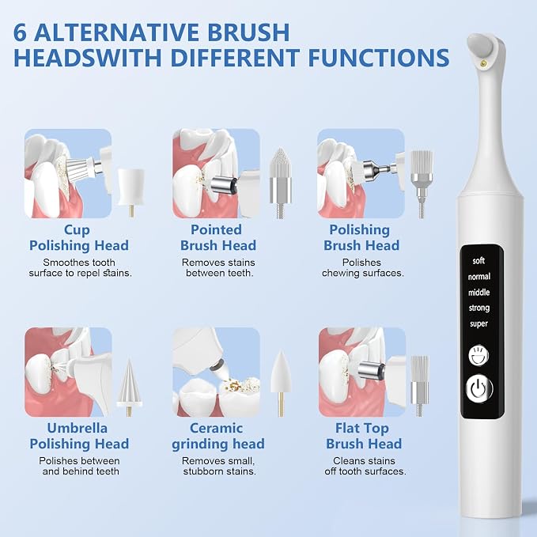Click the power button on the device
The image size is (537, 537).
click(x=478, y=388)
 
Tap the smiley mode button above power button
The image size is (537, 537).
click(x=478, y=355)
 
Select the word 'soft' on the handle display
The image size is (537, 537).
click(x=478, y=261)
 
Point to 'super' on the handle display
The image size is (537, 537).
click(x=478, y=323)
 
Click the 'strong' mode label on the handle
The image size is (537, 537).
click(x=479, y=308)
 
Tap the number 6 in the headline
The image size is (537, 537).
click(x=20, y=32)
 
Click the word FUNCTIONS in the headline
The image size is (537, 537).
click(x=379, y=57)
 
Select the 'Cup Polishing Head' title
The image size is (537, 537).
click(x=79, y=238)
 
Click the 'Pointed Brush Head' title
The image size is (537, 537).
click(x=217, y=238)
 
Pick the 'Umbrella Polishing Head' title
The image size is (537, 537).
click(x=79, y=436)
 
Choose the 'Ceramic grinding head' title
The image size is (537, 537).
click(x=217, y=436)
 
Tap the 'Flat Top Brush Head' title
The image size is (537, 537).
click(x=363, y=436)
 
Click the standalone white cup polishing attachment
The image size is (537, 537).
click(x=130, y=191)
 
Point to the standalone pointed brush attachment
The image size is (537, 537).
click(x=281, y=183)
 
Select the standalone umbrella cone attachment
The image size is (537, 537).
click(x=129, y=387)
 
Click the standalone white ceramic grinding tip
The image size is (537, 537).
click(x=281, y=382)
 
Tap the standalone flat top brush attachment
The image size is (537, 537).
click(x=419, y=386)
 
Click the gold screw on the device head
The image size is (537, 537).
click(x=484, y=62)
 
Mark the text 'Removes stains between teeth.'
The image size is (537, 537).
click(x=218, y=268)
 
